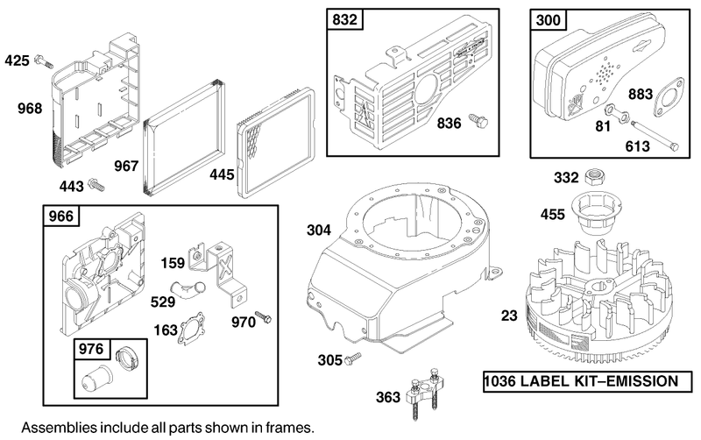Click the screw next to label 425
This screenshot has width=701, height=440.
coord(44,60)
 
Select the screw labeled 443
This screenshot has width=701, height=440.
coord(97,184)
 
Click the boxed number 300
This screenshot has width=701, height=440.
coord(549,19)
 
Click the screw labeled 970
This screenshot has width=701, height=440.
coord(263,316)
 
